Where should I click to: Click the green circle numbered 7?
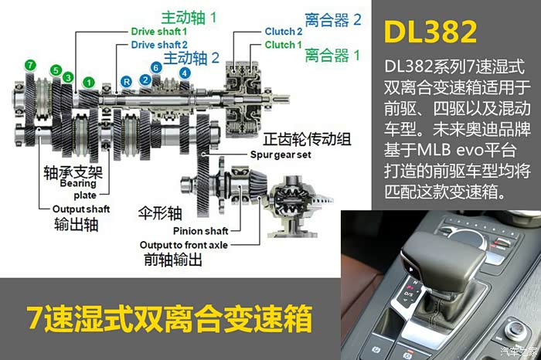click(30, 65)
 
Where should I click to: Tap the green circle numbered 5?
click(56, 70)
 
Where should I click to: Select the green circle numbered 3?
click(68, 77)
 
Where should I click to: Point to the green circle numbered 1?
click(89, 83)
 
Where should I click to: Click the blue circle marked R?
click(127, 82)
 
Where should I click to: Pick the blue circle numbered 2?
click(145, 80)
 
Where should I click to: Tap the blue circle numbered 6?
click(156, 67)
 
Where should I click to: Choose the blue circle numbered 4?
click(185, 73)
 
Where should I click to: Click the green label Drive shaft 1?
click(159, 32)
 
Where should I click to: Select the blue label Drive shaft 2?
click(159, 45)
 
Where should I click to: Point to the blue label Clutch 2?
click(284, 32)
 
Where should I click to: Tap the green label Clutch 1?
click(284, 45)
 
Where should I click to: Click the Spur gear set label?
click(281, 155)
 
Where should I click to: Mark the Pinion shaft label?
click(200, 231)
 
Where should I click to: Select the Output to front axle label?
click(184, 245)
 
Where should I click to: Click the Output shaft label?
click(81, 209)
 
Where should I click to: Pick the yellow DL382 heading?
click(430, 32)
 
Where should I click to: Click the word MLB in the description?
click(434, 151)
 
